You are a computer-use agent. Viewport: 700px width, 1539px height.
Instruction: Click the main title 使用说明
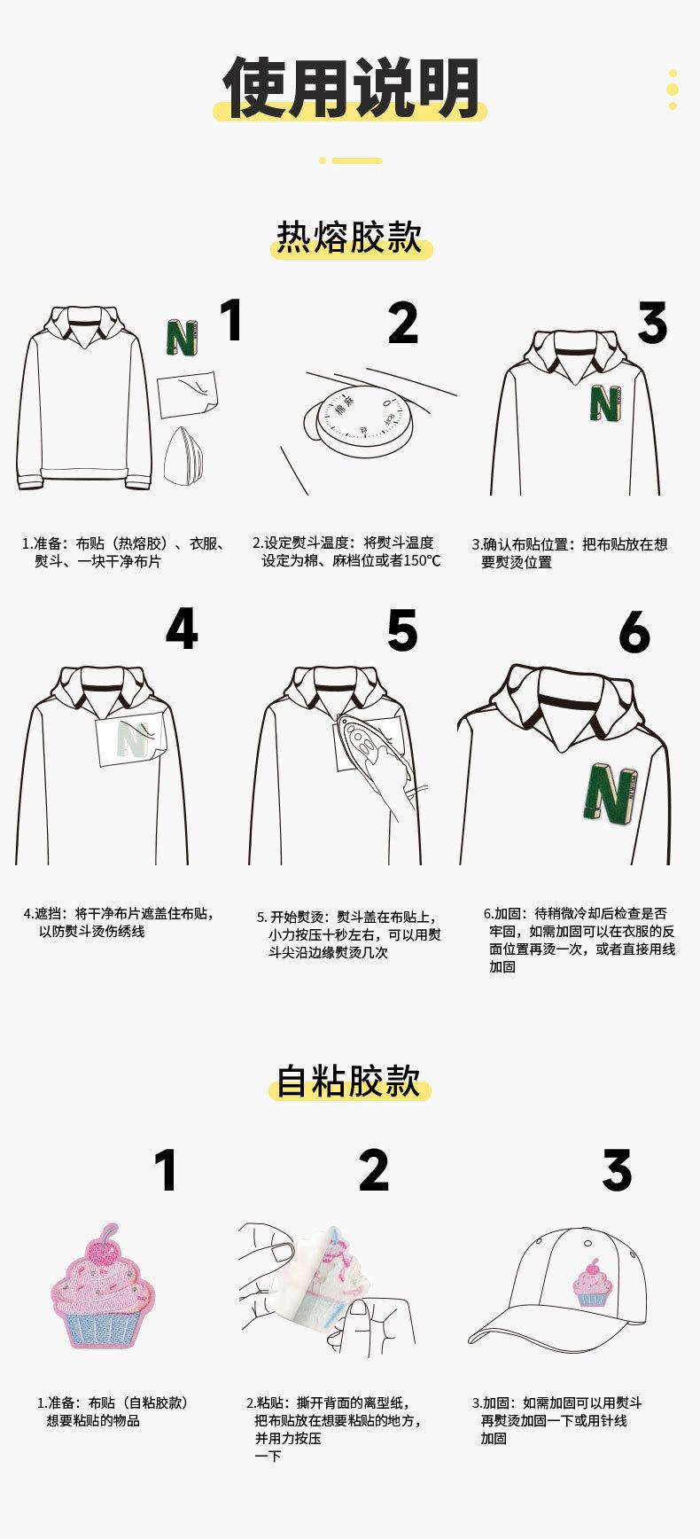pyautogui.click(x=350, y=89)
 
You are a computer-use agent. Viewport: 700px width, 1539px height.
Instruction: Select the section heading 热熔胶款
pyautogui.click(x=350, y=238)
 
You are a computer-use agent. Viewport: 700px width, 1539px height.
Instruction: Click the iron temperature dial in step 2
pyautogui.click(x=364, y=416)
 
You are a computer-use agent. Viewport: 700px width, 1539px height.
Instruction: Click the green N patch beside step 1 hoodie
pyautogui.click(x=182, y=338)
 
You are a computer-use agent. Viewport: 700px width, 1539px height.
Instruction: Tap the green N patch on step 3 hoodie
pyautogui.click(x=605, y=402)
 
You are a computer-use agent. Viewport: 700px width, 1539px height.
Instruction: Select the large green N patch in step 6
pyautogui.click(x=611, y=793)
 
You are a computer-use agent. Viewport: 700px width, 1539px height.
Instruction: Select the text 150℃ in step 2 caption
pyautogui.click(x=421, y=561)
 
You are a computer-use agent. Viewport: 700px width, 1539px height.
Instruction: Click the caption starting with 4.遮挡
pyautogui.click(x=119, y=922)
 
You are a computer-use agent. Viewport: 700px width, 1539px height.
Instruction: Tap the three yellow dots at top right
pyautogui.click(x=673, y=89)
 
